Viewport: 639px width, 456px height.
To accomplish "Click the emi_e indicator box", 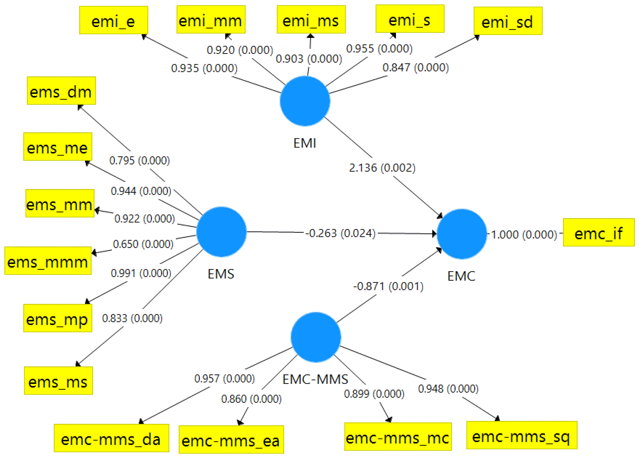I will point(113,20).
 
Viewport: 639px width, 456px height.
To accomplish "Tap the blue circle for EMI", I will point(305,101).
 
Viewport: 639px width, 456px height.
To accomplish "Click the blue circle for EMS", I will point(221,232).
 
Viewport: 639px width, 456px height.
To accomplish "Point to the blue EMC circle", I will point(462,234).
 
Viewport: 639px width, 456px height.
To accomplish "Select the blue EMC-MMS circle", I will point(316,337).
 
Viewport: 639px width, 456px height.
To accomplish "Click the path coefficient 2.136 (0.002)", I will point(382,168).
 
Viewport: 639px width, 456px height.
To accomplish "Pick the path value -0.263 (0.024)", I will point(340,233).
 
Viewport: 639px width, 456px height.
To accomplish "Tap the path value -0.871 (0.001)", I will point(388,286).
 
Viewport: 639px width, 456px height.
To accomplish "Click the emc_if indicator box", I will point(599,232).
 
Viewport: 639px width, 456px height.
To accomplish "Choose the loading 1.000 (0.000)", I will point(524,235).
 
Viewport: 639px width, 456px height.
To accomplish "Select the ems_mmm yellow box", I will point(48,261).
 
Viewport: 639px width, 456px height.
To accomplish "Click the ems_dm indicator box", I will point(61,91).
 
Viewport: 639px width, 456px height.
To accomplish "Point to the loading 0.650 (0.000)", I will point(143,244).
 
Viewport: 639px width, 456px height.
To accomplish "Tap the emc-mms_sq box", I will point(521,435).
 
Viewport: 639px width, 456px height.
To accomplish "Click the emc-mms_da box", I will point(112,438).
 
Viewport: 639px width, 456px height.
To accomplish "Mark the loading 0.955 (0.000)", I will point(379,49).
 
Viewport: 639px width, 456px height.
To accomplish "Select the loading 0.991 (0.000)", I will point(141,273).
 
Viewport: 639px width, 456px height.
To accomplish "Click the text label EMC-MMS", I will point(315,379).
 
